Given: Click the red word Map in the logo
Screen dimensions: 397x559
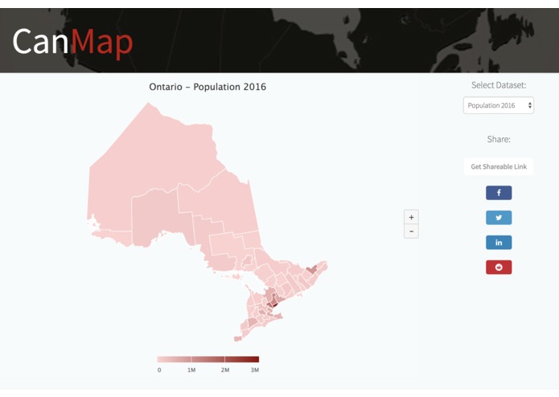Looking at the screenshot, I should pyautogui.click(x=101, y=43).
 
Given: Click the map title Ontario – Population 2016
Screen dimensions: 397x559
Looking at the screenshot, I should pyautogui.click(x=208, y=87).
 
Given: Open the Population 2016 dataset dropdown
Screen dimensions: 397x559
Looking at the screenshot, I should pyautogui.click(x=499, y=105).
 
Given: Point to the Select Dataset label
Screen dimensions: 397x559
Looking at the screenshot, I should pyautogui.click(x=499, y=84).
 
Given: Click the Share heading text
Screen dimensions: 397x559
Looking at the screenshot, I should pyautogui.click(x=499, y=139).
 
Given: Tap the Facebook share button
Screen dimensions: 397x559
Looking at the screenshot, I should pyautogui.click(x=499, y=193).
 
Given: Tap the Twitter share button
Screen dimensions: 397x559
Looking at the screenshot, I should pyautogui.click(x=499, y=218).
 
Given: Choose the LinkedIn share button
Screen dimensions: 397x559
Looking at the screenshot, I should pyautogui.click(x=499, y=243).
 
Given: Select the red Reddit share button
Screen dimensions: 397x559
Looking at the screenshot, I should pyautogui.click(x=499, y=268).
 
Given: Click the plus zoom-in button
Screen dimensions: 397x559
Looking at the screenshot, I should pyautogui.click(x=411, y=217).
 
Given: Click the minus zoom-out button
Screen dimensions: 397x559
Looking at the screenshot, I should pyautogui.click(x=411, y=231).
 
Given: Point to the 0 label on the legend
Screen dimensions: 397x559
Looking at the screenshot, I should pyautogui.click(x=159, y=370).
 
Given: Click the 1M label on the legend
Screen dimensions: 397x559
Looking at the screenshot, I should pyautogui.click(x=191, y=370).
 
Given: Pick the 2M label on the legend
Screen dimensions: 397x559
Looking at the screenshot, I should pyautogui.click(x=225, y=370).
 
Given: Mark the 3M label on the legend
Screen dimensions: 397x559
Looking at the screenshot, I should pyautogui.click(x=255, y=370).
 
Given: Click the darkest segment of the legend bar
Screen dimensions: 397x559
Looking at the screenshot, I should pyautogui.click(x=241, y=359).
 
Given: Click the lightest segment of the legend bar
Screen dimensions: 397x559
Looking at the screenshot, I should pyautogui.click(x=174, y=359).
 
